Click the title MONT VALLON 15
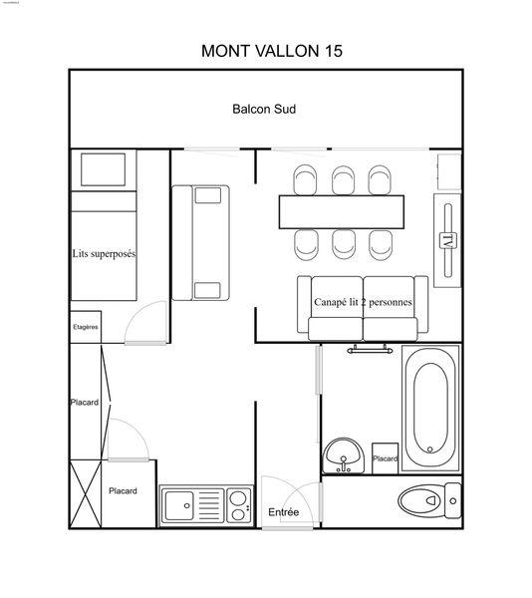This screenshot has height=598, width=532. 272,50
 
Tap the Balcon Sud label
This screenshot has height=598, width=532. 264,109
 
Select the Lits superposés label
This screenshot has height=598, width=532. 104,253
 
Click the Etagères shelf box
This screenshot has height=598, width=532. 86,326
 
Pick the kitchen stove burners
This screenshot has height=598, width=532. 237,503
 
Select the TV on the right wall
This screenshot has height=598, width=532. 447,239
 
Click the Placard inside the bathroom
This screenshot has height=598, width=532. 386,456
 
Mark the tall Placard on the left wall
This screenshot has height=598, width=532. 86,403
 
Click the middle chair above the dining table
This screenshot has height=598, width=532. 342,179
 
